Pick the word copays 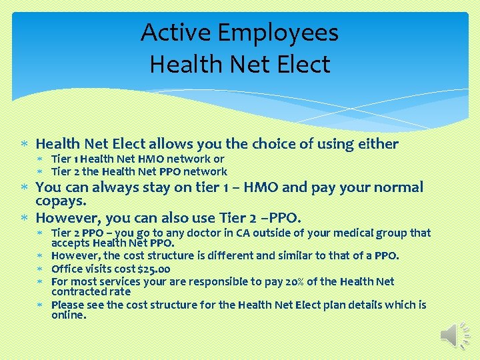click(x=59, y=201)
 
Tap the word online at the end click(x=68, y=315)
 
